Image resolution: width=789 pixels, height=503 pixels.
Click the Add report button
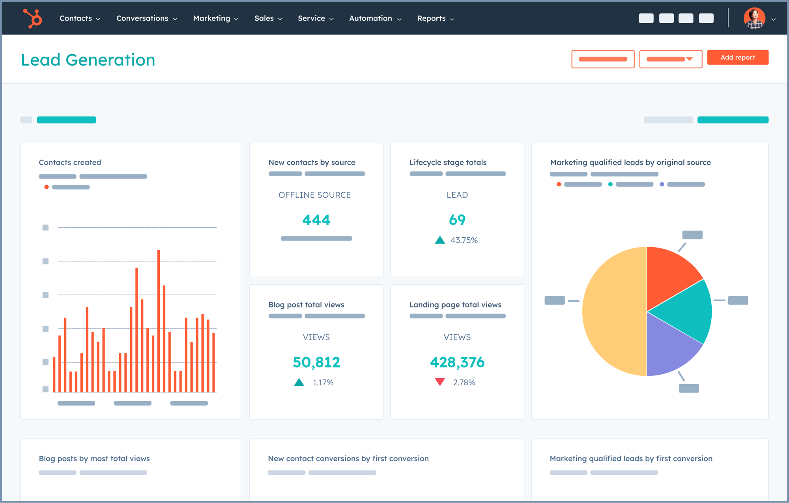point(737,58)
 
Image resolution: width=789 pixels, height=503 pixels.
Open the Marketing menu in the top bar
point(215,19)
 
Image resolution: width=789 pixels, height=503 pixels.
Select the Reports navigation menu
point(435,19)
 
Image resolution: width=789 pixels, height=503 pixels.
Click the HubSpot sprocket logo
point(32,18)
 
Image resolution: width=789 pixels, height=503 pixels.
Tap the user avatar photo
point(754,18)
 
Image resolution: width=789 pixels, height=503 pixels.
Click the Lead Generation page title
point(88,60)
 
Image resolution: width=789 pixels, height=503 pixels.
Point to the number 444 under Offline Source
point(316,220)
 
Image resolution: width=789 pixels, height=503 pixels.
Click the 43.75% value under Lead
point(464,240)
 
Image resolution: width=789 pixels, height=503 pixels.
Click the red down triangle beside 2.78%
point(440,382)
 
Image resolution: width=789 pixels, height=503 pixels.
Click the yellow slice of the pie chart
point(613,312)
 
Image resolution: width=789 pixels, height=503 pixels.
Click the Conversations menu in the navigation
point(146,19)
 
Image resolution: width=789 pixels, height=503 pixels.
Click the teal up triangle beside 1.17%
point(299,382)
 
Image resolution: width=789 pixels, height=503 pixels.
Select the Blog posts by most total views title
point(94,458)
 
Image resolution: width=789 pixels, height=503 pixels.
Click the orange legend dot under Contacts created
point(47,187)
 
